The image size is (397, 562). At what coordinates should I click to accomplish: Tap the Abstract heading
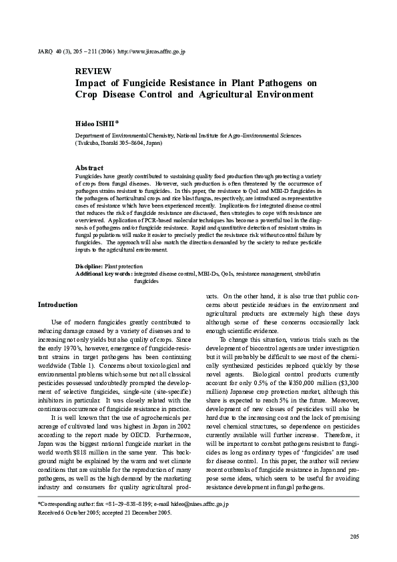89,168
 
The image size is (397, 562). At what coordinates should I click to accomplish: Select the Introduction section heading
57,304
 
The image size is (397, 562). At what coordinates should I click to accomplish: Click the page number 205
354,537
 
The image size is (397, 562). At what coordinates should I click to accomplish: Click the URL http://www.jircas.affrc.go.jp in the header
151,51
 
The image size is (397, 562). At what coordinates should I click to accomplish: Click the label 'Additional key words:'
103,274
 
